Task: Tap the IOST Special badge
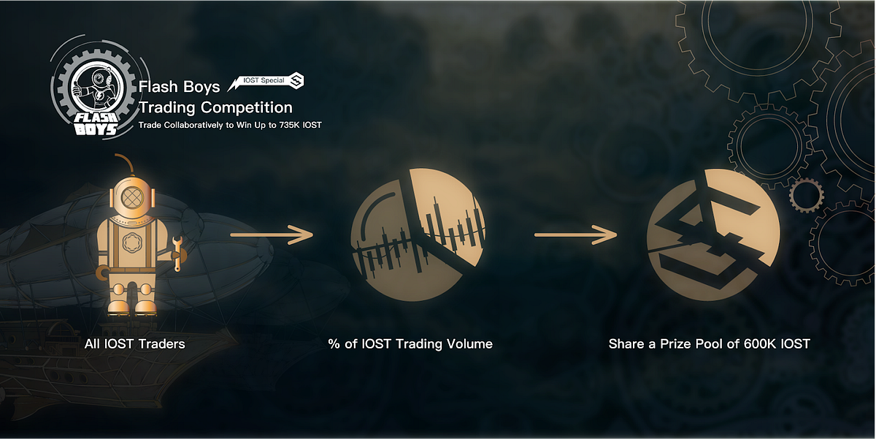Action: tap(266, 81)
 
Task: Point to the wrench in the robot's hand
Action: tap(177, 253)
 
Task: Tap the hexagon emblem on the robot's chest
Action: tap(131, 243)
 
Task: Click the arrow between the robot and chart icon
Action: tap(272, 234)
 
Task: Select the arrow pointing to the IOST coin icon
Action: tap(576, 234)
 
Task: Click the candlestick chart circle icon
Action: tap(418, 234)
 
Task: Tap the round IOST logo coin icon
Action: tap(713, 234)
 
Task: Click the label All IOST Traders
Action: tap(135, 344)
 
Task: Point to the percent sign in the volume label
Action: tap(334, 344)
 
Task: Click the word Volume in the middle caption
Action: tap(469, 344)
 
